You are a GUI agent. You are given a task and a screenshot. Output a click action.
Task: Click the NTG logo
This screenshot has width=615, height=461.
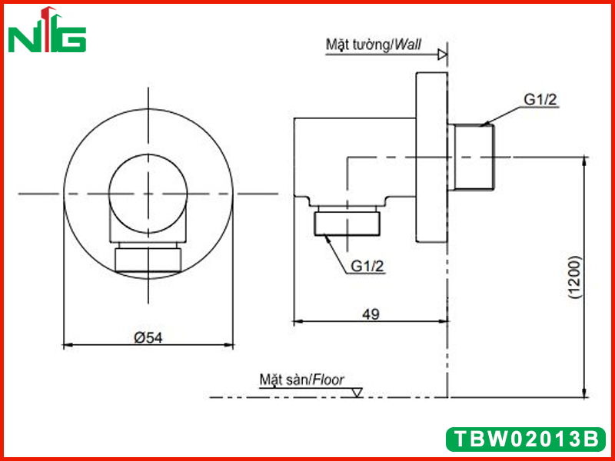pos(47,30)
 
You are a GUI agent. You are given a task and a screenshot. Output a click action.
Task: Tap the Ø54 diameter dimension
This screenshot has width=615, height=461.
pos(148,337)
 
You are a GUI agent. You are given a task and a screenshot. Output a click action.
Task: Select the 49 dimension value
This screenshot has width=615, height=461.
pos(371,314)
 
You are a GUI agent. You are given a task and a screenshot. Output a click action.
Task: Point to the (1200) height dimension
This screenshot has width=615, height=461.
pos(573,277)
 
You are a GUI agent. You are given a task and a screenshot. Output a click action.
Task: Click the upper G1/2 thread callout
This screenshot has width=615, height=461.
pos(540,100)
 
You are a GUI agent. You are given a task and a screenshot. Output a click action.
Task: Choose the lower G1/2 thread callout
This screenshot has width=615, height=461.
pos(367,267)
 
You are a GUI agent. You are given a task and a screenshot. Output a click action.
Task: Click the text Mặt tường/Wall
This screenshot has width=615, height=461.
pos(374,45)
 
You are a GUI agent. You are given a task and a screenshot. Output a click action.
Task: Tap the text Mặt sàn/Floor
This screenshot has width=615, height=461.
pos(301,380)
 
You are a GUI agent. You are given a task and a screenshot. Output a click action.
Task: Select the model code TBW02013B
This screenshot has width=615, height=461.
pos(526,439)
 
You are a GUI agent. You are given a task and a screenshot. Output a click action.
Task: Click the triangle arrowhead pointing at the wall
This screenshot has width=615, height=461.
pos(443,55)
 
